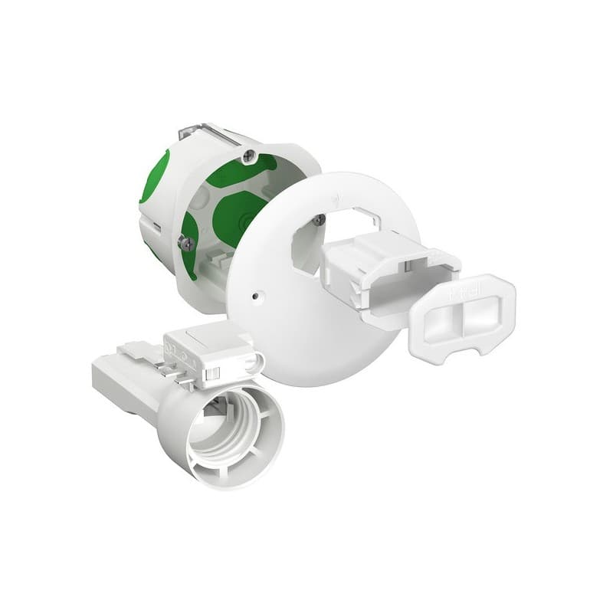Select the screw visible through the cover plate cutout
[319, 220]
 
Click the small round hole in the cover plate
[256, 293]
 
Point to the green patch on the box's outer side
[154, 176]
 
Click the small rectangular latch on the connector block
[214, 373]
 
